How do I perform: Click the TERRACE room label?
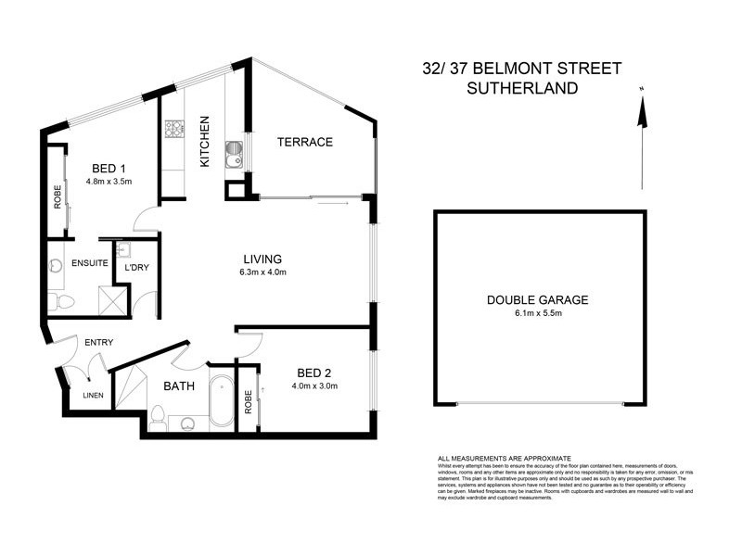click(x=305, y=142)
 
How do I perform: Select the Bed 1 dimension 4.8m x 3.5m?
click(x=109, y=182)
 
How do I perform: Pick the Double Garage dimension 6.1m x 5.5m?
click(x=538, y=313)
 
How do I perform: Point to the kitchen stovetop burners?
click(x=173, y=131)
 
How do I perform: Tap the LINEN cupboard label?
click(x=92, y=396)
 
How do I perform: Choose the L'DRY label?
click(x=136, y=269)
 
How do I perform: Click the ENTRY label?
click(x=98, y=343)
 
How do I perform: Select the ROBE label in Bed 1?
click(x=58, y=196)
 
